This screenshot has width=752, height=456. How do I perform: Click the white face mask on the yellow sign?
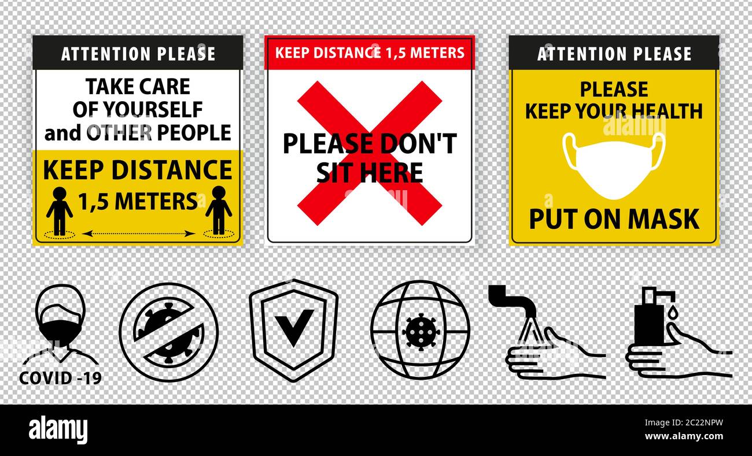point(614,165)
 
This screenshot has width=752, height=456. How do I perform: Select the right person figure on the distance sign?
point(218,210)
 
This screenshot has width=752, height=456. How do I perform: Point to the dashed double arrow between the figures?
point(138,233)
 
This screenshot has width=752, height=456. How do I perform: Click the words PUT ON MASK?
point(614,219)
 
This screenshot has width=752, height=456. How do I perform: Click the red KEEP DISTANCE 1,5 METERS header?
point(370,53)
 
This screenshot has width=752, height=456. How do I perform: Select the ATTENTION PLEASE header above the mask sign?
point(614,54)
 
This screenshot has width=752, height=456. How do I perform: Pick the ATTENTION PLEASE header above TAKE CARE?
point(138,54)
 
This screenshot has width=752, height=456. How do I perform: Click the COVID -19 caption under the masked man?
point(60,378)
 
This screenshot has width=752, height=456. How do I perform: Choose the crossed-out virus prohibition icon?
point(169,332)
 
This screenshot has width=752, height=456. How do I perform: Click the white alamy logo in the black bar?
point(58,431)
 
